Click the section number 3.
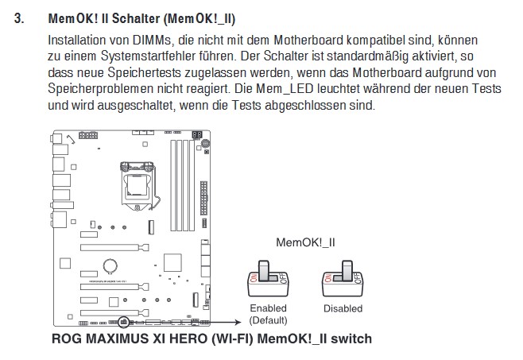pos(21,18)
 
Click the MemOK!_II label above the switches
pos(305,242)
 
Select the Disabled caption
pos(343,308)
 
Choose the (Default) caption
pos(268,319)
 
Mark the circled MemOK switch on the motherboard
pos(123,323)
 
